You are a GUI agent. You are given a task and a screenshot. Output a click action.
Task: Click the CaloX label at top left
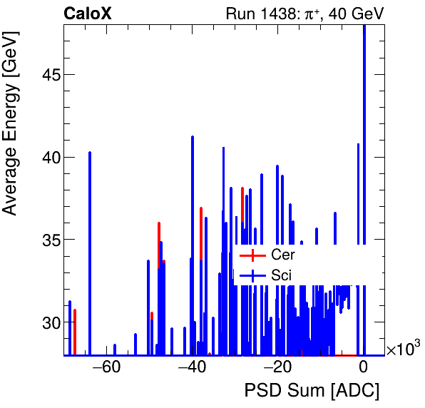pos(88,13)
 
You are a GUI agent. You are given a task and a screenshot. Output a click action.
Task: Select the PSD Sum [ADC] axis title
pos(312,391)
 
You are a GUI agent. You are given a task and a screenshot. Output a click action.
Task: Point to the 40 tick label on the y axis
pos(45,157)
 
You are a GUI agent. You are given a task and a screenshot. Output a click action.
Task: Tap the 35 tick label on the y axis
pos(45,240)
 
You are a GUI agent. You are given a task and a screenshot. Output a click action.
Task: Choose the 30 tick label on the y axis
pos(45,322)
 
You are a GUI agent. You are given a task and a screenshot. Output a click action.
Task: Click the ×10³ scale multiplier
pos(403,349)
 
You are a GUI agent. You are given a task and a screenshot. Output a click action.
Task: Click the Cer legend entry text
pos(283,255)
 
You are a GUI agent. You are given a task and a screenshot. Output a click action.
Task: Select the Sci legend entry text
pos(282,275)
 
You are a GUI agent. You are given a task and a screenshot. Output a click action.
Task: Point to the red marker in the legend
pos(252,255)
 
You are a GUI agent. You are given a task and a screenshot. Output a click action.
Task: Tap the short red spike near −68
pos(75,332)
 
